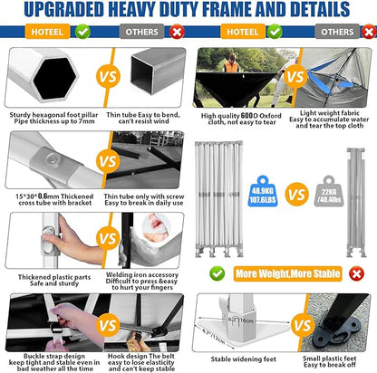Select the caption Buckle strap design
click(45, 356)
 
